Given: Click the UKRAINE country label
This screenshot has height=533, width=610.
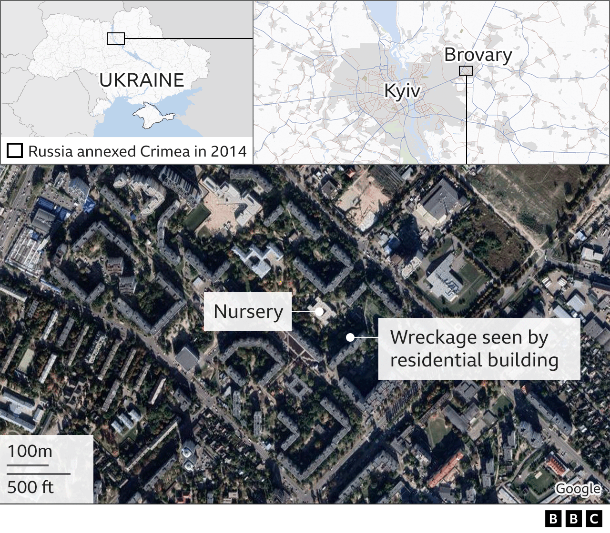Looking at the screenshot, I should point(142,80).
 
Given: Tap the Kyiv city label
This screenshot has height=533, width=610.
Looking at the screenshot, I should point(402,90).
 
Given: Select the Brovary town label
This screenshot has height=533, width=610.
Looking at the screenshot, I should point(478,55).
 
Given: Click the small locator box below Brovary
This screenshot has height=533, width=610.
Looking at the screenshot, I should point(466,71).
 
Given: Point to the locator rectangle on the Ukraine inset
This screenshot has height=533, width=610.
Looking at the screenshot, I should point(116,39).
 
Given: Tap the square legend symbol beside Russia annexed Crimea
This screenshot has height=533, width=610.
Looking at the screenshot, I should point(15,151).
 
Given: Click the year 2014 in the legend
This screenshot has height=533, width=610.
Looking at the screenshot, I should point(229,151).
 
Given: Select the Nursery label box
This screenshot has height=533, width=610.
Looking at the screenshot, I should point(248,312).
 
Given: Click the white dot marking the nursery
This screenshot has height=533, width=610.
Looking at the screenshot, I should point(319,312).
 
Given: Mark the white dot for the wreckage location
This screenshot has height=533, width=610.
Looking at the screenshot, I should point(350,337).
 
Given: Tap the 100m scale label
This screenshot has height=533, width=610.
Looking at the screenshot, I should point(30,451).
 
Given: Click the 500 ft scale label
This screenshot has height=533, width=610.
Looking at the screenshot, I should point(30,487).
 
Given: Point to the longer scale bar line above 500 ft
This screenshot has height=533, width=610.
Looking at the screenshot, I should point(39,474).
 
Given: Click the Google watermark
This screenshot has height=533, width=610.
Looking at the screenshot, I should point(578,489).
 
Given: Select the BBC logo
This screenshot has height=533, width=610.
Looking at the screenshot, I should point(573,518).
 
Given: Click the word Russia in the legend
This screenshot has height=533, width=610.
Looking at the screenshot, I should point(50,151).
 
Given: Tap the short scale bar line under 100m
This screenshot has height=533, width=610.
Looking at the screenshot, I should point(28,465).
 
